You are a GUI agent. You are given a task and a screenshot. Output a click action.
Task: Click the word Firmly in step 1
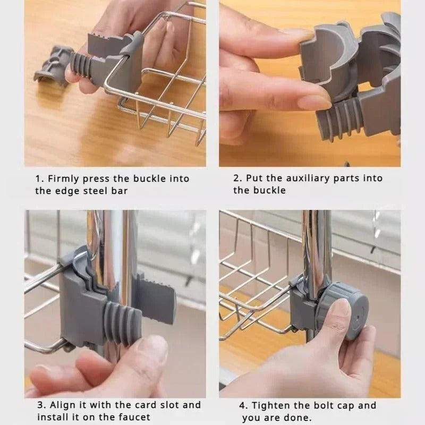[x=64, y=178]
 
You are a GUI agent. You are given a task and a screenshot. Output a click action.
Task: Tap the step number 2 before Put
[x=236, y=178]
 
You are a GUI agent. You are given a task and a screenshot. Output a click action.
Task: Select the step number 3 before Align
[x=39, y=405]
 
